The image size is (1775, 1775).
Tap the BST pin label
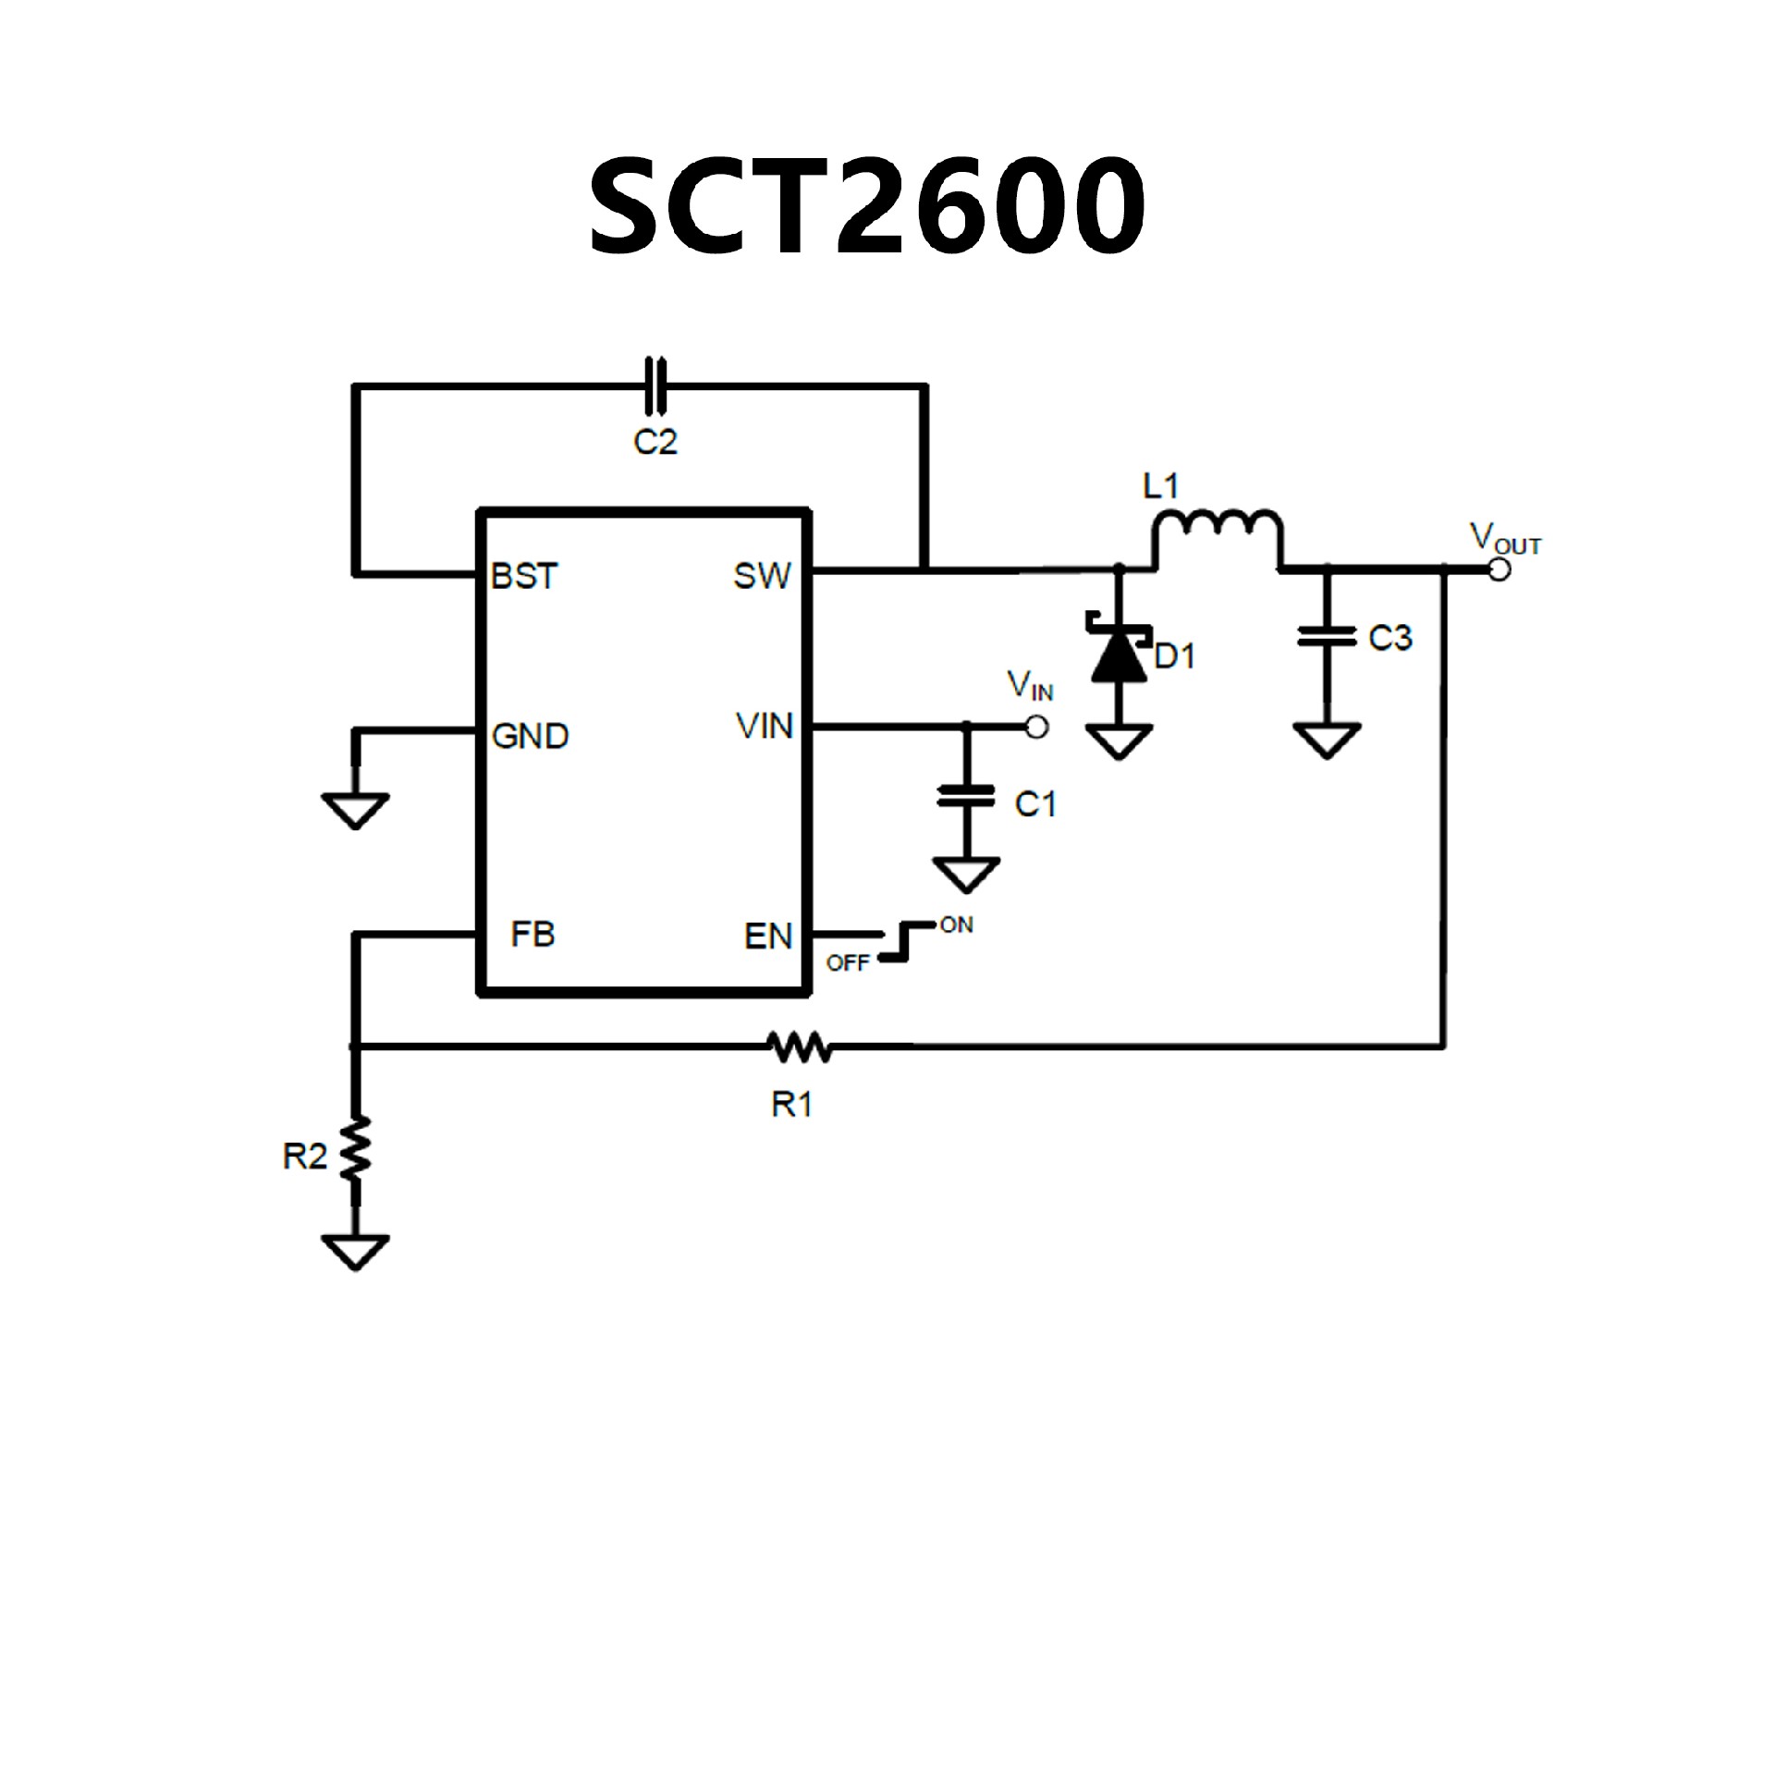(x=524, y=576)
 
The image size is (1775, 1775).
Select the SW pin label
(x=762, y=576)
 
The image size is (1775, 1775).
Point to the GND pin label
(x=530, y=737)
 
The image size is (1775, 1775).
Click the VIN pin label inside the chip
(x=765, y=727)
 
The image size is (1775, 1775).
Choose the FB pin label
(x=532, y=935)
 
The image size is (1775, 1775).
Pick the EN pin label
(x=768, y=936)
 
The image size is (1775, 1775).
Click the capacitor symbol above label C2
(x=655, y=385)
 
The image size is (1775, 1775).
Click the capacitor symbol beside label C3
(x=1327, y=636)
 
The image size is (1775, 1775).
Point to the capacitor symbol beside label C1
(x=966, y=796)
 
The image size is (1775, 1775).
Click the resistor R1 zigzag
(x=800, y=1047)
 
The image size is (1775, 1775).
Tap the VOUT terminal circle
(x=1500, y=569)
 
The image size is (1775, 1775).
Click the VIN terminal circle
(x=1037, y=728)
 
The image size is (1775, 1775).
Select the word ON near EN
(x=956, y=925)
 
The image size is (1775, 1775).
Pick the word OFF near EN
(x=848, y=963)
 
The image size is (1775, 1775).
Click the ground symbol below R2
(x=356, y=1252)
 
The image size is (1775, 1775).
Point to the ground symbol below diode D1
(x=1119, y=741)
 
